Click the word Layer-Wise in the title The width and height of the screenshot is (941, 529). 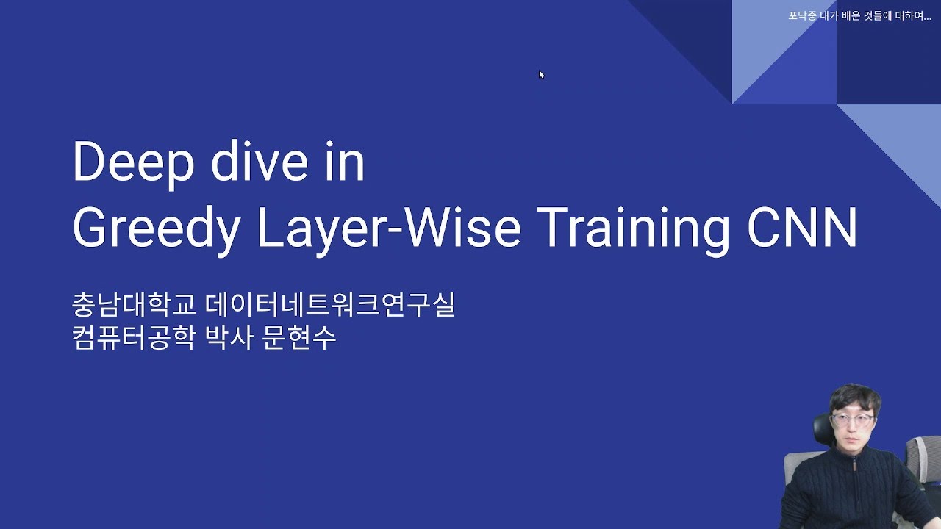pyautogui.click(x=389, y=228)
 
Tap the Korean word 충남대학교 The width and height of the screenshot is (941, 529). pyautogui.click(x=135, y=305)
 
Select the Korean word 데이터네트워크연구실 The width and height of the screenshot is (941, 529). pyautogui.click(x=331, y=305)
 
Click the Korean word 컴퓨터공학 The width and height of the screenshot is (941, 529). pyautogui.click(x=135, y=338)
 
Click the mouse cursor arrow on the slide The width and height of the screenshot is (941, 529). pyautogui.click(x=541, y=74)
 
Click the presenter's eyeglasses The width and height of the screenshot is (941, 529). pyautogui.click(x=853, y=420)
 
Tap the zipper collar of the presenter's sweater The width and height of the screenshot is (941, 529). pyautogui.click(x=855, y=461)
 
